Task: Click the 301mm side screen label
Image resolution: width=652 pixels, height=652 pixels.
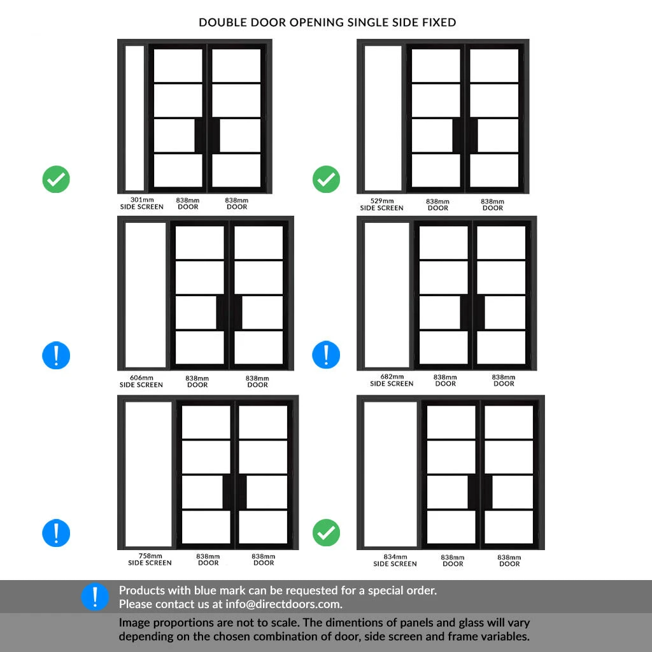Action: click(141, 203)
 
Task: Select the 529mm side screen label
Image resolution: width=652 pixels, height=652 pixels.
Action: click(381, 204)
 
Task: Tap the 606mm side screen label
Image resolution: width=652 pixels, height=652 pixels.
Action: click(141, 381)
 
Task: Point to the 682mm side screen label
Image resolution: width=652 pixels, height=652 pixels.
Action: click(392, 380)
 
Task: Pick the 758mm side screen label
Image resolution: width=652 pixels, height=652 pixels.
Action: click(150, 559)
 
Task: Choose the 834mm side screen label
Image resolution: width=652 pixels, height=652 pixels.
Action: click(395, 560)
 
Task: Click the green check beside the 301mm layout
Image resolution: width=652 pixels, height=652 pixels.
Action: click(56, 180)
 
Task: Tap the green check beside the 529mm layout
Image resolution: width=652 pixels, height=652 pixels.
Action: click(326, 180)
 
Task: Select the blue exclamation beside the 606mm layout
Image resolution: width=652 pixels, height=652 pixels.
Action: click(56, 355)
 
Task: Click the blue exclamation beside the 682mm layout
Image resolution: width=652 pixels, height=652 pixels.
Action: click(326, 355)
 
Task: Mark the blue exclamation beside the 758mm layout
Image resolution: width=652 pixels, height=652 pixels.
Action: click(56, 533)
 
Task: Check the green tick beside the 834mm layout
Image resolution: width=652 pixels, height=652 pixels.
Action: click(326, 533)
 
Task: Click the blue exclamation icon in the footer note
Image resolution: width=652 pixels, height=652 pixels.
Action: click(95, 597)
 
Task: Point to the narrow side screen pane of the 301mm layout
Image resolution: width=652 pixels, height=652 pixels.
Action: click(135, 118)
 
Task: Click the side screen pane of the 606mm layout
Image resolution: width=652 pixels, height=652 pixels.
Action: click(146, 295)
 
